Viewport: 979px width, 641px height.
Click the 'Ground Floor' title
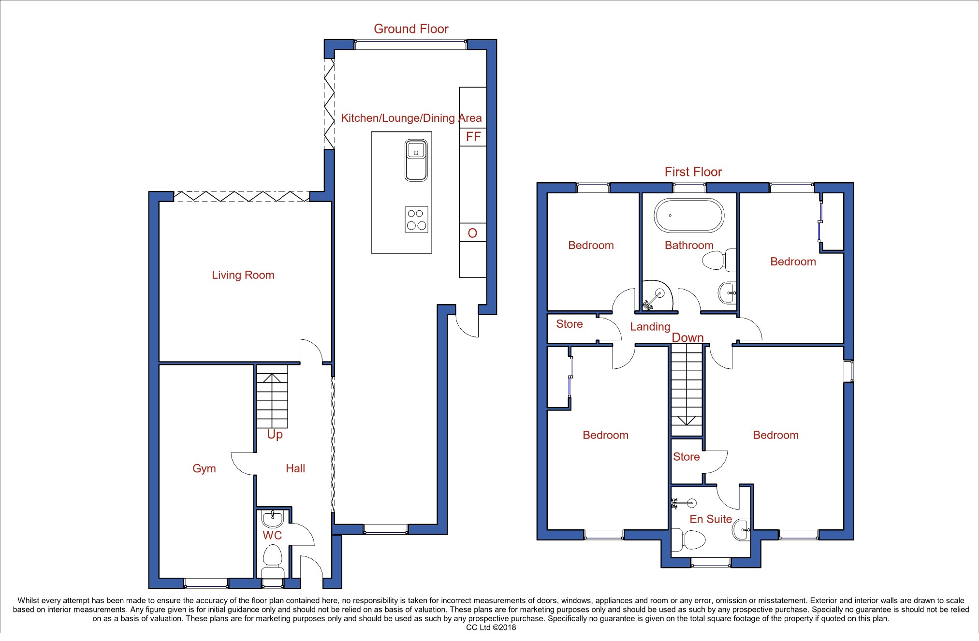tap(411, 29)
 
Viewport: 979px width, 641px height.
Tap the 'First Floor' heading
tap(693, 172)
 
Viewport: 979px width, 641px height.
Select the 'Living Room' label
tap(243, 275)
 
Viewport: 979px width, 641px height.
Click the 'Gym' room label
tap(204, 468)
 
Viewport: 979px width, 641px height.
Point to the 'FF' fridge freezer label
tap(473, 137)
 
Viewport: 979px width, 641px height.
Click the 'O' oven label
tap(472, 233)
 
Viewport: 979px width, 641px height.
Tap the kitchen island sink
tap(416, 160)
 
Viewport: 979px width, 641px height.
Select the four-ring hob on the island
tap(416, 219)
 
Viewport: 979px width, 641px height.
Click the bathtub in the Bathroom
tap(689, 216)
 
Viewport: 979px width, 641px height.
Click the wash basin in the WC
tap(273, 519)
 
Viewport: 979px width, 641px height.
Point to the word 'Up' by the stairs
tap(275, 435)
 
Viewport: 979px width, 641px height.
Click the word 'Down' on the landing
tap(687, 337)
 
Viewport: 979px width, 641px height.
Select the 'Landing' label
tap(650, 327)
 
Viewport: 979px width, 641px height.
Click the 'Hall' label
tap(295, 468)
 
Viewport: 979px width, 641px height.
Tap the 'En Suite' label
tap(710, 519)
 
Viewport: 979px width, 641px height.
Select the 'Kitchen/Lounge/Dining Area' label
tap(411, 118)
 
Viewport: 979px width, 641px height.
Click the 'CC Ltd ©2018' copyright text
tap(491, 627)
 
